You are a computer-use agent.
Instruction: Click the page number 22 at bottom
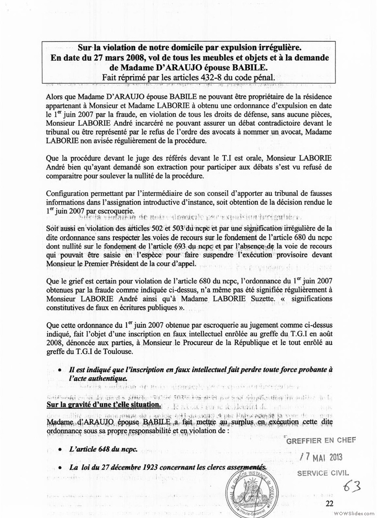pos(329,503)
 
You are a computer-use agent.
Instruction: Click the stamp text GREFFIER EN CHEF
pos(321,440)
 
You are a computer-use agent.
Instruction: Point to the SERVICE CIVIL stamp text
pos(326,472)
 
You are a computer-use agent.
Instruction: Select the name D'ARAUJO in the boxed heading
pos(150,67)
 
